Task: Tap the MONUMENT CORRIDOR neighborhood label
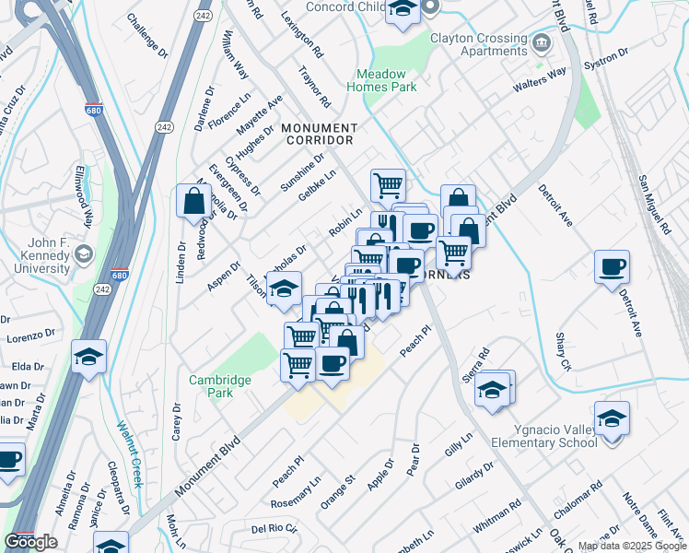(319, 134)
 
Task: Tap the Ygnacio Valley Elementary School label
(553, 435)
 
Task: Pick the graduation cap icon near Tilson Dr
(284, 288)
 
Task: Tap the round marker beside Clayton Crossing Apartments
(542, 42)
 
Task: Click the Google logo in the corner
(30, 542)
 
